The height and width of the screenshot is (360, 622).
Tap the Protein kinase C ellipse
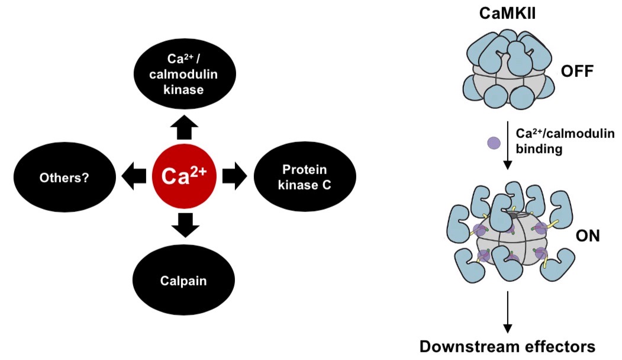pos(305,176)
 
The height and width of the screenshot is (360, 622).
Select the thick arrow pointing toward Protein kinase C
pos(234,176)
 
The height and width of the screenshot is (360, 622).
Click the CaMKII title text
pos(507,12)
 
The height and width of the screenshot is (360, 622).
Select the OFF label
pos(576,74)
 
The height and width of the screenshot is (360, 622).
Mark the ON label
pos(587,237)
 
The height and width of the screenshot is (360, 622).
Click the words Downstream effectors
pos(507,346)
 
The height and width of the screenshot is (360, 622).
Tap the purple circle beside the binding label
pos(494,142)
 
